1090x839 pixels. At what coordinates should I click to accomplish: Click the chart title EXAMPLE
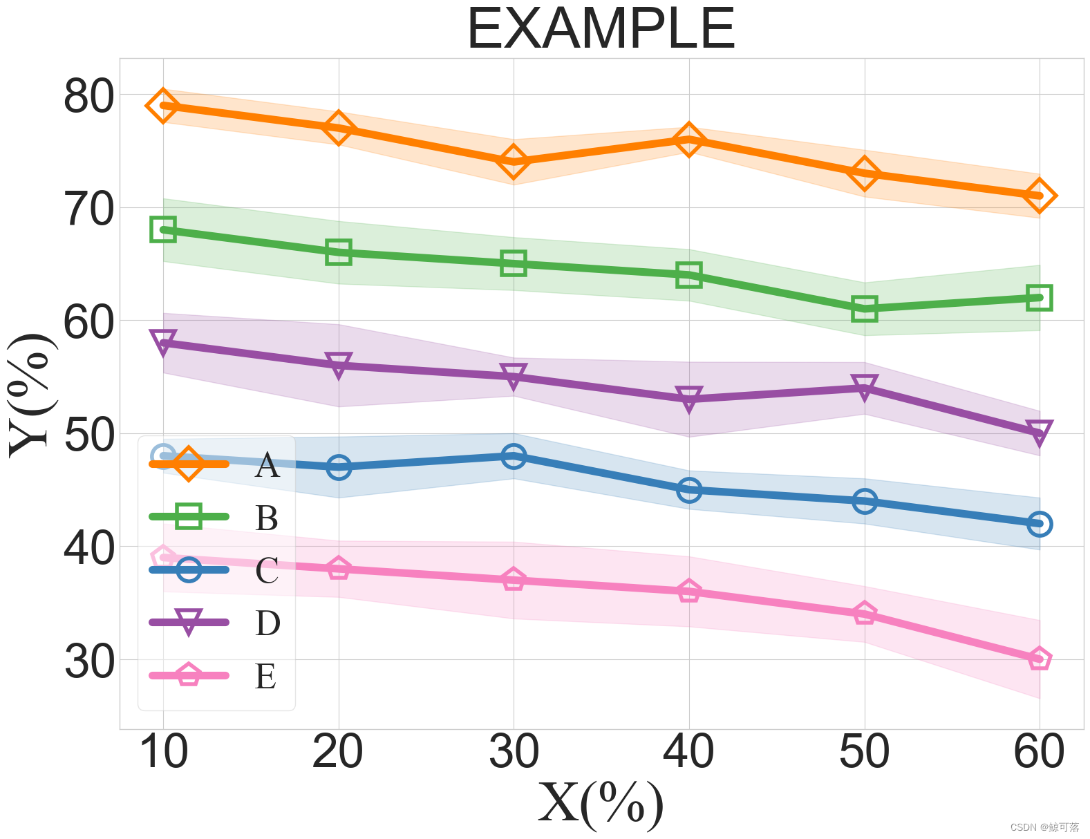(x=601, y=29)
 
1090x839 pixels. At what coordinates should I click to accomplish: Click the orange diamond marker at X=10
(x=163, y=106)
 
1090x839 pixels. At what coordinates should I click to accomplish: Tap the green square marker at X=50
(x=864, y=308)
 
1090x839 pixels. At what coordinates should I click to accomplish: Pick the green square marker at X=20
(x=338, y=252)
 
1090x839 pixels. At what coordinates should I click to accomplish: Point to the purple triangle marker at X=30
(x=514, y=377)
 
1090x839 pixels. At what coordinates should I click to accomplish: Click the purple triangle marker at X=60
(x=1039, y=433)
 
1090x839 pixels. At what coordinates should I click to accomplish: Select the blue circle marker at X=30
(x=514, y=456)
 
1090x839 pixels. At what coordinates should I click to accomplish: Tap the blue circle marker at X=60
(x=1039, y=524)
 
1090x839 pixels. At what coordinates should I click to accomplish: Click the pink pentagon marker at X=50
(x=864, y=614)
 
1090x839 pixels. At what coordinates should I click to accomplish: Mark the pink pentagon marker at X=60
(x=1039, y=659)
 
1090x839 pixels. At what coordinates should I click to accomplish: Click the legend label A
(x=267, y=465)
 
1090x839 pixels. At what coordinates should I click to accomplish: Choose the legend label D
(x=267, y=623)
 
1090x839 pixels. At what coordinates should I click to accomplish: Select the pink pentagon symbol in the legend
(x=189, y=675)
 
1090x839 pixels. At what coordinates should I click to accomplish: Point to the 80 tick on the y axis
(x=88, y=96)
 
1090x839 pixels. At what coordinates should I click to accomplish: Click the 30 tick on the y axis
(x=88, y=661)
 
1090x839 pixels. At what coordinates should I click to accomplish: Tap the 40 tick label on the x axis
(x=688, y=752)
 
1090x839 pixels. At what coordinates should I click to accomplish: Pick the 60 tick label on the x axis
(x=1038, y=752)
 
